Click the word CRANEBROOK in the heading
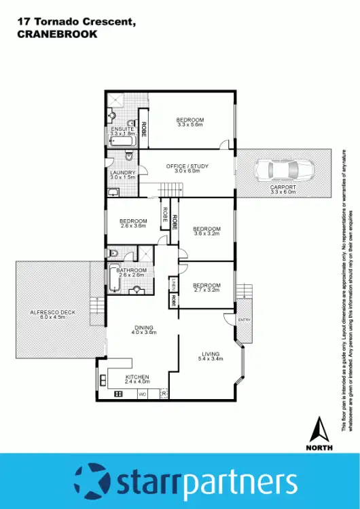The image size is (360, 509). pos(56,34)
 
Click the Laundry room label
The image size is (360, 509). pos(123,172)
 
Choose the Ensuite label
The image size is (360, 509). pos(123,129)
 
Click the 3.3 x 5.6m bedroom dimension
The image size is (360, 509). pos(190,125)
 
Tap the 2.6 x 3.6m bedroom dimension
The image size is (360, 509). pos(133,225)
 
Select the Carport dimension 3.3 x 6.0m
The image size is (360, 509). pos(283,192)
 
